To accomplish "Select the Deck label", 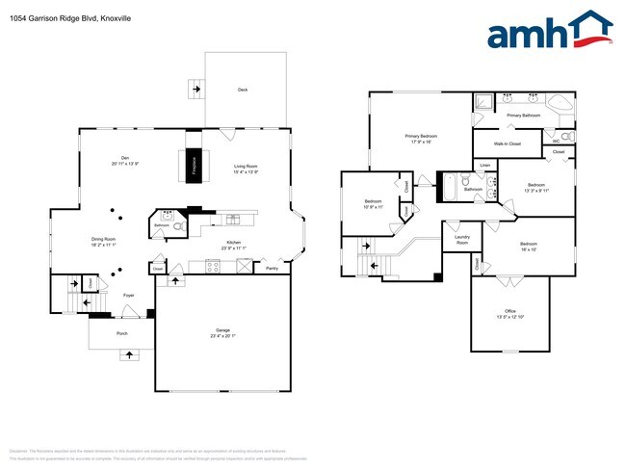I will coord(243,90).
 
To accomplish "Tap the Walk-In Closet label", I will coord(508,144).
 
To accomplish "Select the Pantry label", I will coord(272,270).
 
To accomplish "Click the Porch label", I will coord(122,334).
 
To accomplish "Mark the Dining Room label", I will coord(103,241).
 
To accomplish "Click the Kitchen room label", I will coord(233,245).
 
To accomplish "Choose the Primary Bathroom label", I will coord(524,116).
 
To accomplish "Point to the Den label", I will coord(124,161).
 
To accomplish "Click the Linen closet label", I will coord(485,166).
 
